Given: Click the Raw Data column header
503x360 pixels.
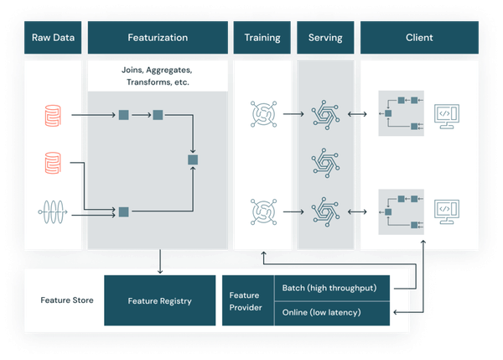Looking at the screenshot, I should tap(53, 39).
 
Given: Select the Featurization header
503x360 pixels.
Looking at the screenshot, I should tap(158, 39).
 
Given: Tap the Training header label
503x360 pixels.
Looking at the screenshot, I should tap(262, 39).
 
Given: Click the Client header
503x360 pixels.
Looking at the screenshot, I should tap(419, 39).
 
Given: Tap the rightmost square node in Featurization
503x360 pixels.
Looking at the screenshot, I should tap(194, 159).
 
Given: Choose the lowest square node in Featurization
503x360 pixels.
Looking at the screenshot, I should tap(123, 212).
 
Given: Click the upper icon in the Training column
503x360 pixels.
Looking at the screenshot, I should tap(262, 112).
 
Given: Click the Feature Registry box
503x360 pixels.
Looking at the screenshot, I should tap(159, 300).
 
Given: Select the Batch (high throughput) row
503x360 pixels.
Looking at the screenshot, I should tap(331, 289).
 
